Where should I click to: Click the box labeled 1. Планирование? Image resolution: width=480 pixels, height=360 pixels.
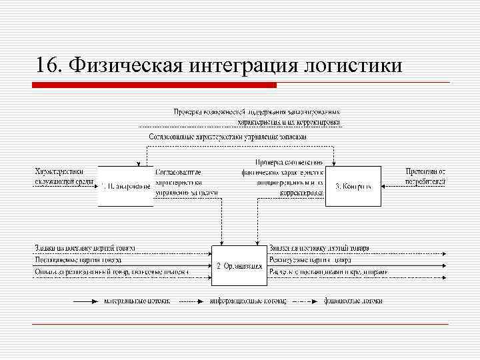click(x=125, y=185)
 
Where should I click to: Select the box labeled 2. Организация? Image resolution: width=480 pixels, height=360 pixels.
click(x=239, y=265)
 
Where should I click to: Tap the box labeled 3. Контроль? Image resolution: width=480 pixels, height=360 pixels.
click(x=353, y=185)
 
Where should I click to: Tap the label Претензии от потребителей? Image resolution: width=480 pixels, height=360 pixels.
click(x=425, y=177)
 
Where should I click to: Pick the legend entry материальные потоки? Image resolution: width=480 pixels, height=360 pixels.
click(x=137, y=301)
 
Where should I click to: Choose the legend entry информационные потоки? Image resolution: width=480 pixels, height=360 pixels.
click(x=247, y=301)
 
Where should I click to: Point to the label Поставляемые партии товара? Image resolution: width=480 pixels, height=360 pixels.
click(x=78, y=260)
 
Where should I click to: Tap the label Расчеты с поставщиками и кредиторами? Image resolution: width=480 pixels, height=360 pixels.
click(x=329, y=272)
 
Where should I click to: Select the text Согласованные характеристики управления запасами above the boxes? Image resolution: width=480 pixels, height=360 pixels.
click(x=227, y=137)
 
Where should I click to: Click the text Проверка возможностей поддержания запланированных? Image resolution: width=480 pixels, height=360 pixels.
click(x=257, y=111)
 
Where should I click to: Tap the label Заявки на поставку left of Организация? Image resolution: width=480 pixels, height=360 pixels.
click(x=85, y=248)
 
